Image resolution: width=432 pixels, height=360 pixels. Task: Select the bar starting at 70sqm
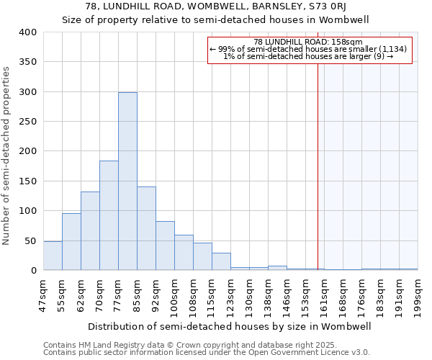109,215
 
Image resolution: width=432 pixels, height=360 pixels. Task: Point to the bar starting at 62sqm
90,230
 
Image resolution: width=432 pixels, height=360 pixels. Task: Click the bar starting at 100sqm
184,253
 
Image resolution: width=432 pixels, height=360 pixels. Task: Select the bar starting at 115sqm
221,261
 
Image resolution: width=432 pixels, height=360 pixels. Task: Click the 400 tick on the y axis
28,32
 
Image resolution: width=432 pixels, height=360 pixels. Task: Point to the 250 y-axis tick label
28,122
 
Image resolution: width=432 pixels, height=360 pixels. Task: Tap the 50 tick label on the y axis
31,240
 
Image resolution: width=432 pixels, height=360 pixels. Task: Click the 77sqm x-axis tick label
119,293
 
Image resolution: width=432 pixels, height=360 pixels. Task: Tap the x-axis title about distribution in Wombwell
230,326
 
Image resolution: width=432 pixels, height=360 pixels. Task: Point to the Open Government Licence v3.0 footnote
207,353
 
